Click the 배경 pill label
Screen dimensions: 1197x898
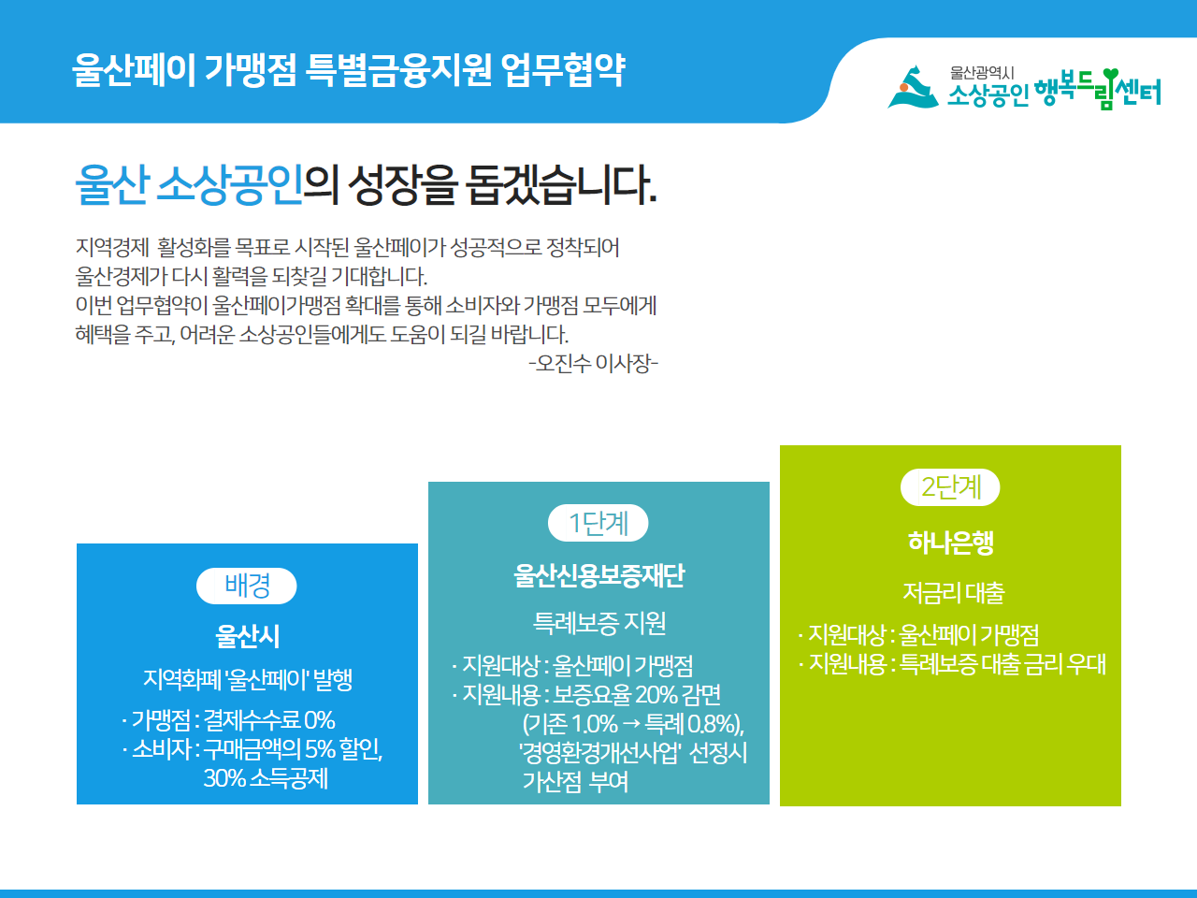tap(247, 586)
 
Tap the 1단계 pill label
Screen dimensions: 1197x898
tap(598, 523)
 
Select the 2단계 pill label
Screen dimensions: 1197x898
tap(950, 487)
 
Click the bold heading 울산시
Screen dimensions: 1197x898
tap(248, 636)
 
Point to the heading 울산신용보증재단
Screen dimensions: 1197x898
tap(598, 575)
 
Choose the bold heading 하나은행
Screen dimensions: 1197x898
tap(950, 543)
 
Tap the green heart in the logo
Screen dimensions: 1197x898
tap(1110, 75)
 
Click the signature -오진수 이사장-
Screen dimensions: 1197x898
tap(593, 363)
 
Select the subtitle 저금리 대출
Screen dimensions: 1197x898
tap(953, 593)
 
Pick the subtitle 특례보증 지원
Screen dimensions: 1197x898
tap(598, 623)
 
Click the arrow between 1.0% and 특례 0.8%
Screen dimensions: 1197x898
tap(631, 724)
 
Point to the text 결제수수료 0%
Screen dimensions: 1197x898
tap(268, 720)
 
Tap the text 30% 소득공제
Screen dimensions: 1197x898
tap(266, 778)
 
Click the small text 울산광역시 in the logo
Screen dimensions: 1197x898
tap(982, 73)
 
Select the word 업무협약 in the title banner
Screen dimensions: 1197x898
tap(562, 70)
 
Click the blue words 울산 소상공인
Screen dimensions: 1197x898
tap(189, 185)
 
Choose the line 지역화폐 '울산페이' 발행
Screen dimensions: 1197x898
tap(248, 679)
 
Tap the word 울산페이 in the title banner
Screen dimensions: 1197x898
tap(134, 70)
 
